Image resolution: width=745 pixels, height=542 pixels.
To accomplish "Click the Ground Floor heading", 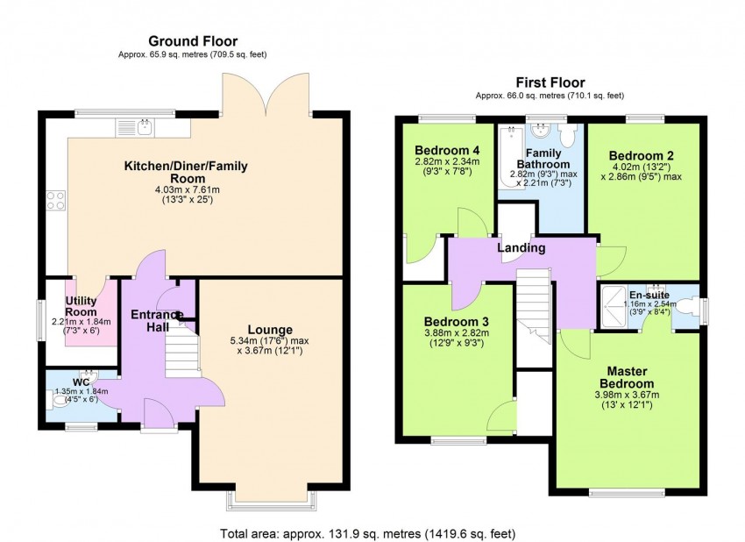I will [x=192, y=40].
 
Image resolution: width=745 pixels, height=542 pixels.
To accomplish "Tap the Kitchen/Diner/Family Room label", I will [x=186, y=172].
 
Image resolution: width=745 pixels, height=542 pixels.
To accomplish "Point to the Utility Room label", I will [x=82, y=306].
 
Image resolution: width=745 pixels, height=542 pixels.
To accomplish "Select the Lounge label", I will [x=269, y=330].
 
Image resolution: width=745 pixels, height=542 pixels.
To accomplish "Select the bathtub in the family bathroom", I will [x=509, y=137].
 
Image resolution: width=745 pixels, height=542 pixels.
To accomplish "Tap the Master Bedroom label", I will [x=627, y=377].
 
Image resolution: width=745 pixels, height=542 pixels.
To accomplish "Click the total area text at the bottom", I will [x=372, y=532].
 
